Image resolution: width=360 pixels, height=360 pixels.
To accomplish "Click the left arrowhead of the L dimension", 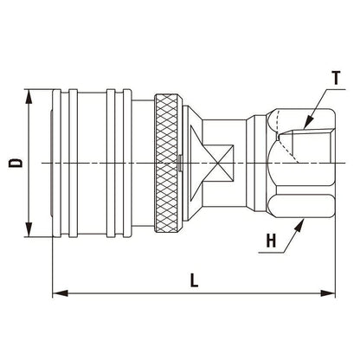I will [57, 295].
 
